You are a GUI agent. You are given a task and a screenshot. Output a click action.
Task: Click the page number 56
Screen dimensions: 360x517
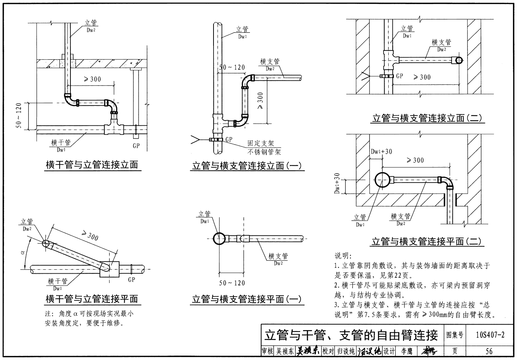tap(489, 351)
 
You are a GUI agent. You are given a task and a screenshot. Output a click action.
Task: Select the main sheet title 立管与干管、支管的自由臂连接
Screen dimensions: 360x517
tap(351, 335)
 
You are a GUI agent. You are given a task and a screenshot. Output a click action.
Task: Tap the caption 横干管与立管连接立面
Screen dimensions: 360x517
tap(91, 165)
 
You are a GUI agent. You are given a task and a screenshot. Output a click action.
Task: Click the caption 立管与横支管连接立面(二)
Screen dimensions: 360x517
tap(427, 118)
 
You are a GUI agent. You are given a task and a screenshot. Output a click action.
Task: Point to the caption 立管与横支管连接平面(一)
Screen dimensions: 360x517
tap(246, 299)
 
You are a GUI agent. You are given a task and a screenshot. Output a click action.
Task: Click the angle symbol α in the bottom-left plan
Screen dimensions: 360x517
tap(22, 253)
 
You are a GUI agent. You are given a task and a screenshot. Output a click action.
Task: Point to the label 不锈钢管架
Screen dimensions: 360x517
tap(264, 152)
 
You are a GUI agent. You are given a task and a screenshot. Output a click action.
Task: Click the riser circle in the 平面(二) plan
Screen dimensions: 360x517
tap(384, 180)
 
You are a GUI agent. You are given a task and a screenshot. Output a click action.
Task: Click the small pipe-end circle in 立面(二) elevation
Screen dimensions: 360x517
tap(458, 60)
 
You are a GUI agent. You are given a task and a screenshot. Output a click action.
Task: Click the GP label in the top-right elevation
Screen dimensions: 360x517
tap(399, 76)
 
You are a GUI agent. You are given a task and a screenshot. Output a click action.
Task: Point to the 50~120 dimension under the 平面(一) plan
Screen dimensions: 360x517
tap(232, 283)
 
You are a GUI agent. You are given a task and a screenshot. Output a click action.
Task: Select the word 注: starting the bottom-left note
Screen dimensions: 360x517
tap(49, 314)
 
